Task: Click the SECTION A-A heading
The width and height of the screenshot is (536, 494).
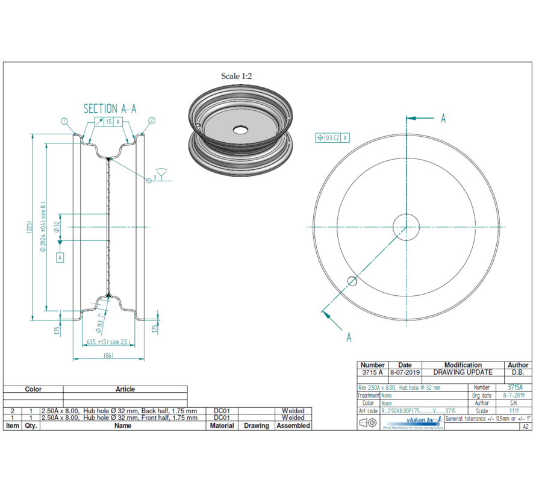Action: (110, 108)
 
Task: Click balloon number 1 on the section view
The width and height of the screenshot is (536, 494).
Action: (64, 121)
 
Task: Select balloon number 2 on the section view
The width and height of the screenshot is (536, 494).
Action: (151, 120)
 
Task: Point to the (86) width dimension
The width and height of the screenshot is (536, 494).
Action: (108, 356)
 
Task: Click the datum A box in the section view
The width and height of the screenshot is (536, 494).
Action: (60, 257)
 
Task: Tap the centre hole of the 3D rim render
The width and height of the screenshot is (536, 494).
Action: (240, 130)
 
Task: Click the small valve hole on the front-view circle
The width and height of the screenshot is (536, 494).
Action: (352, 281)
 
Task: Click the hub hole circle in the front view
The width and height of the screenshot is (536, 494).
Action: (407, 227)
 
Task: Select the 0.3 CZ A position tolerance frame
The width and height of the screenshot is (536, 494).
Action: (332, 138)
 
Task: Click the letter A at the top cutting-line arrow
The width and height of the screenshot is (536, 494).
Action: (443, 119)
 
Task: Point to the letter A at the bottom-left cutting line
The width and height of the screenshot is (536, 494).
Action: (349, 337)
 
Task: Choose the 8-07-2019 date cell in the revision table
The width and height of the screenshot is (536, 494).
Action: (405, 372)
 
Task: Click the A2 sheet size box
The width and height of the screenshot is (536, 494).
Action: (525, 427)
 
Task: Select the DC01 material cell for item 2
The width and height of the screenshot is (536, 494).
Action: (222, 411)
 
